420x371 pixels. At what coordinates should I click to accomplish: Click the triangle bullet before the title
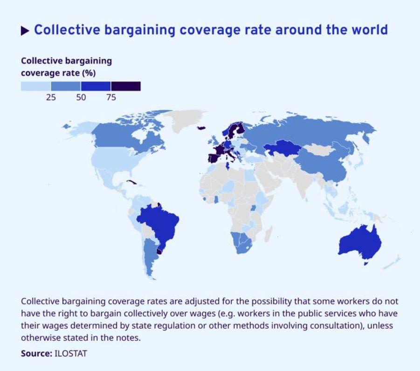click(x=25, y=31)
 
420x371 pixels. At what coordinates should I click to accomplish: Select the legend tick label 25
click(x=51, y=97)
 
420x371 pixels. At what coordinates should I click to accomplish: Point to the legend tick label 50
click(x=81, y=97)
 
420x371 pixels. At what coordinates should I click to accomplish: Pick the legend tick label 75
click(x=111, y=97)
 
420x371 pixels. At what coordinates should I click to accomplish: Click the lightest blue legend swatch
click(x=36, y=86)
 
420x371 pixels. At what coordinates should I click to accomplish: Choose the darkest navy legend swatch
click(x=126, y=86)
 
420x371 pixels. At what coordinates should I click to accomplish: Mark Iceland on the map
click(x=202, y=127)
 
